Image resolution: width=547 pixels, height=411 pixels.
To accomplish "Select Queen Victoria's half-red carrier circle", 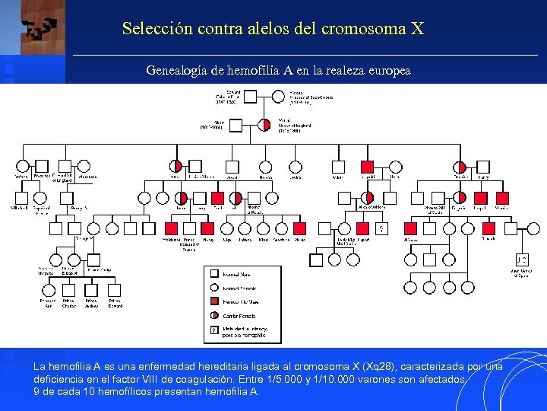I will point(264,124).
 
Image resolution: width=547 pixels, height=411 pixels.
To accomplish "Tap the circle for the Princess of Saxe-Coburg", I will point(281,97).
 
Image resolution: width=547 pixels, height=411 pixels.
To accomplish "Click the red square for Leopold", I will point(368,167).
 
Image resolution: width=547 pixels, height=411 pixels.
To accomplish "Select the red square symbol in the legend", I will point(214,301).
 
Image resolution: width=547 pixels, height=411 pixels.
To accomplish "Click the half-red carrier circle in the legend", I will point(214,315).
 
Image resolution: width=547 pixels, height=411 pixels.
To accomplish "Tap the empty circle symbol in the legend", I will point(214,288).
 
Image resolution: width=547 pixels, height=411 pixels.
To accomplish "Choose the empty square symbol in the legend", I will point(214,274).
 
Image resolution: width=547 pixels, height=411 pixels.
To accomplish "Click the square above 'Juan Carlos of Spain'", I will point(522,260).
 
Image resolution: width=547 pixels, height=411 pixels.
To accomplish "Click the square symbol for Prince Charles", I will point(69,290).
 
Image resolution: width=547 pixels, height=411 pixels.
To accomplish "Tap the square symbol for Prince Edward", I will point(113,290).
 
